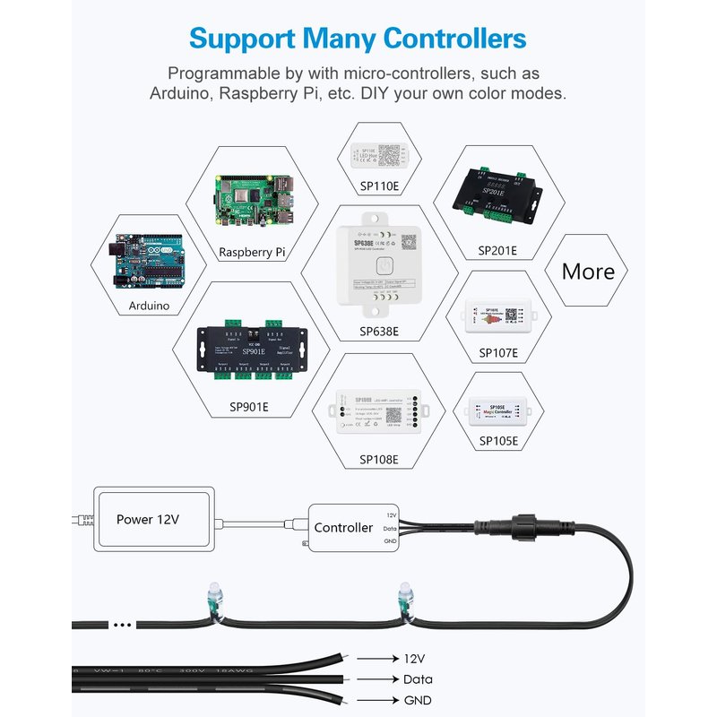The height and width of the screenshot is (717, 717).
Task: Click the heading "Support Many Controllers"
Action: click(x=358, y=39)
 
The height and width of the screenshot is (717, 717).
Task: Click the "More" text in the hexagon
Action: click(x=588, y=272)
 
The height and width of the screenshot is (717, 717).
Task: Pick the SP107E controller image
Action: click(x=497, y=317)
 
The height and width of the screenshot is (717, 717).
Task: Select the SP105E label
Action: click(x=498, y=441)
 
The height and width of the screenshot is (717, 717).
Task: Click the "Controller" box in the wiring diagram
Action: click(x=344, y=528)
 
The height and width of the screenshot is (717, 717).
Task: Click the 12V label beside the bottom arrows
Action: click(x=414, y=658)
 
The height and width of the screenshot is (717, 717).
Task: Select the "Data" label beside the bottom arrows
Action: click(x=418, y=679)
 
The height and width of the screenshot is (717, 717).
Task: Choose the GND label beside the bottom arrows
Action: click(x=418, y=700)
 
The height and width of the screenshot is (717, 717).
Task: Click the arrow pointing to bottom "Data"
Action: click(x=376, y=679)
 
